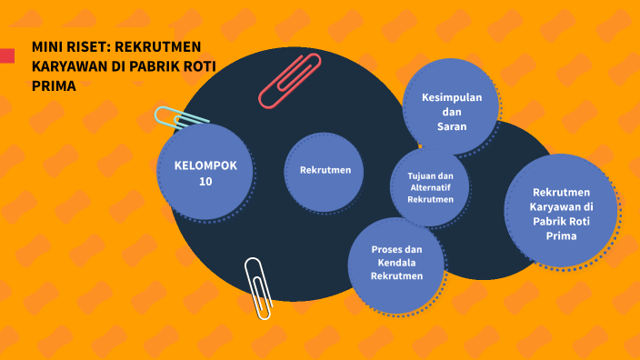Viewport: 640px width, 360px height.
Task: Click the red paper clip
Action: click(290, 81)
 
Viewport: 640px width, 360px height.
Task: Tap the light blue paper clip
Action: click(181, 117)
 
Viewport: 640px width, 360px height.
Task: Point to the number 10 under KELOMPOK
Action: click(205, 181)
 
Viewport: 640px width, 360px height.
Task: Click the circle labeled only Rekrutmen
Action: click(325, 170)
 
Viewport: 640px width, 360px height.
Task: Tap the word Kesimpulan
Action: click(452, 97)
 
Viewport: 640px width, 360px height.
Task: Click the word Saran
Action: click(452, 126)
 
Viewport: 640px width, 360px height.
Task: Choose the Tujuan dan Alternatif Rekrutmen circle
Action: click(430, 186)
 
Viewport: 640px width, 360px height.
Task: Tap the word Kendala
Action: click(397, 264)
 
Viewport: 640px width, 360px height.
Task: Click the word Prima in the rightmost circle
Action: click(562, 235)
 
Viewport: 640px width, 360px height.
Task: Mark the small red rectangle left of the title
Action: click(6, 56)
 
